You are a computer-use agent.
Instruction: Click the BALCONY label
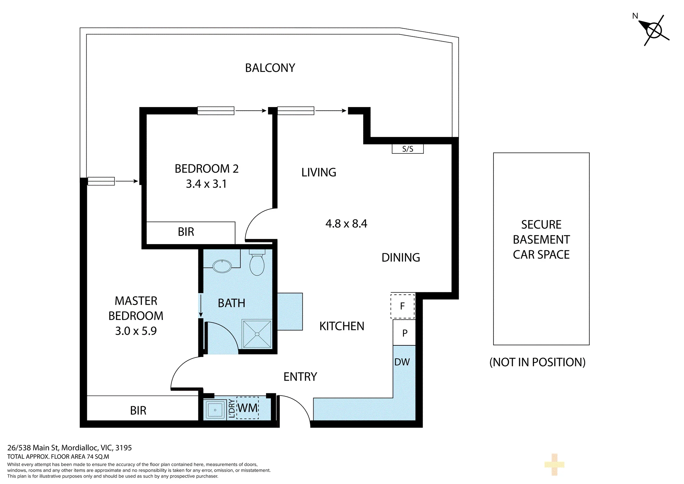click(x=270, y=68)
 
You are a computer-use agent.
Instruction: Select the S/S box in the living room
click(x=408, y=149)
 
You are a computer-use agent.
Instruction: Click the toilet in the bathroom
click(x=257, y=263)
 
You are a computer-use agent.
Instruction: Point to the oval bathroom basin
click(x=222, y=266)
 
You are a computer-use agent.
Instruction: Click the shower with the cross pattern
click(x=257, y=334)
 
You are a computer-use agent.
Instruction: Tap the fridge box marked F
click(x=403, y=306)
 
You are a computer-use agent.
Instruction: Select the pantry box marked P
click(x=404, y=333)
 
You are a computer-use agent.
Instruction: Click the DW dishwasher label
click(x=402, y=362)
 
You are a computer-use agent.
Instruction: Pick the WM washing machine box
click(x=248, y=408)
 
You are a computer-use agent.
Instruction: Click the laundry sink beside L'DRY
click(x=215, y=410)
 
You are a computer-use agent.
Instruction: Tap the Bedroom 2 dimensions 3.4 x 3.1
click(x=206, y=184)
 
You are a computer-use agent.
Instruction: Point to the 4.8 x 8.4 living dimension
click(x=346, y=224)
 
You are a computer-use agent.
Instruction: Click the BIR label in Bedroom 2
click(x=186, y=232)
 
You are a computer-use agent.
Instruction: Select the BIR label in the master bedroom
click(x=138, y=411)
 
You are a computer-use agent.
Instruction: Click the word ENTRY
click(x=300, y=377)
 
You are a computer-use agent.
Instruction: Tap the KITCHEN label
click(x=342, y=326)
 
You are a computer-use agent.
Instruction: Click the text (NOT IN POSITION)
click(x=538, y=362)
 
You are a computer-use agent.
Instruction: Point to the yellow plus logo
click(x=554, y=464)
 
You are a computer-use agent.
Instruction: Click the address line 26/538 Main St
click(x=69, y=448)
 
